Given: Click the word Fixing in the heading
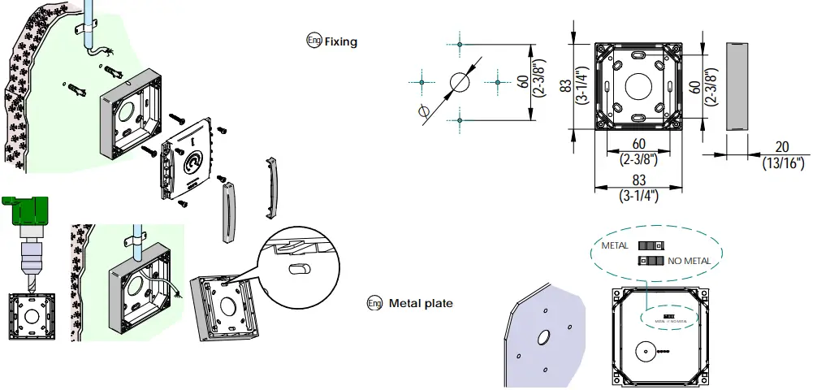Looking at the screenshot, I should [x=340, y=41].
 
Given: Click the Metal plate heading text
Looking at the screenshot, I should [x=421, y=304].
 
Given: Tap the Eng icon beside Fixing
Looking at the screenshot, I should [x=313, y=41].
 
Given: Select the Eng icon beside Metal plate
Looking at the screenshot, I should [x=374, y=303].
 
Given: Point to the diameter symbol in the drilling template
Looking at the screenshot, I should [x=422, y=111].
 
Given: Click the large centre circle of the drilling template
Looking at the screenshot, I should [x=459, y=82].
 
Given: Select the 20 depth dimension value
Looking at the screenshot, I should [x=781, y=146].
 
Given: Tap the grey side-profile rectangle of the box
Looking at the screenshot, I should [x=735, y=84].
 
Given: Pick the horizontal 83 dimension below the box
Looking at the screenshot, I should [x=638, y=180].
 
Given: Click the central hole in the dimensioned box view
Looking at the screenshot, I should [x=638, y=84].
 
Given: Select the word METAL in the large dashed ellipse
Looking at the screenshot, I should [x=615, y=245].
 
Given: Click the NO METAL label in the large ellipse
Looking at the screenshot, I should [x=689, y=261].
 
